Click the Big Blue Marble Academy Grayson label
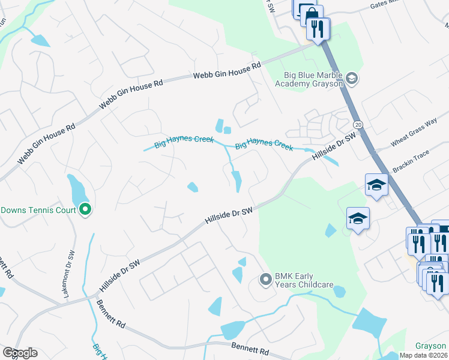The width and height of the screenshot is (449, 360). [309, 79]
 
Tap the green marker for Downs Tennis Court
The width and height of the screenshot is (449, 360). [85, 209]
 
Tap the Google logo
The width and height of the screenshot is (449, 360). [20, 353]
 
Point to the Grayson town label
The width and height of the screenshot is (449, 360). [431, 346]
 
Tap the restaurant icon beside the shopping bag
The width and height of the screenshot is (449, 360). [318, 28]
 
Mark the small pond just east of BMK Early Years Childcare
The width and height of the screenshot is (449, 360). [339, 292]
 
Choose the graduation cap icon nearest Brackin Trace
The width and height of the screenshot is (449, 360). [376, 184]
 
